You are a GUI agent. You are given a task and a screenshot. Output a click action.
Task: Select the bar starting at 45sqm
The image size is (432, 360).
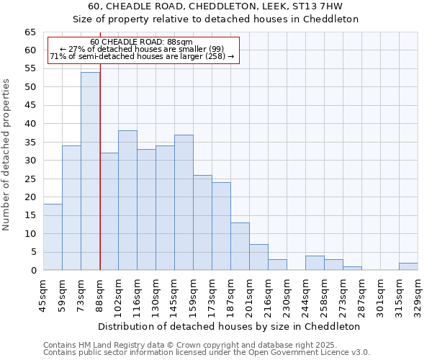[x=53, y=237]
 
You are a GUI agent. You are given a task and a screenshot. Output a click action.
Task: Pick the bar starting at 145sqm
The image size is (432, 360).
[x=184, y=202]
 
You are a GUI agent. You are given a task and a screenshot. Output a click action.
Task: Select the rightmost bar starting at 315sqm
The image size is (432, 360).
[x=408, y=266]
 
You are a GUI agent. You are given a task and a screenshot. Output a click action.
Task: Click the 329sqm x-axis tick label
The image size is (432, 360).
[x=418, y=295]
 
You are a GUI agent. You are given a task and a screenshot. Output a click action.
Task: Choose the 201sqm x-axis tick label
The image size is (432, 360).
[x=249, y=295]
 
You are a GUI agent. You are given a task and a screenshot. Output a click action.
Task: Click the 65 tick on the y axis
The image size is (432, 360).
[x=30, y=32]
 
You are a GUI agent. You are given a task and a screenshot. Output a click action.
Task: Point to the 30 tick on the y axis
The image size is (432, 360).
[x=30, y=161]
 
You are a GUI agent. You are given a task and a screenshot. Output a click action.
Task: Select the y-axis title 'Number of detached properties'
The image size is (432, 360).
[x=7, y=155]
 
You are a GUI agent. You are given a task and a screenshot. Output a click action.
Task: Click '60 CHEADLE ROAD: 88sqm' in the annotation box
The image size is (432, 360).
[x=142, y=42]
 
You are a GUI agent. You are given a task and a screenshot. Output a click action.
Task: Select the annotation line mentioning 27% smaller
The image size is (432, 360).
[x=142, y=49]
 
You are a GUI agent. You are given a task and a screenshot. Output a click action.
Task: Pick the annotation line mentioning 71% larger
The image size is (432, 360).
[x=142, y=56]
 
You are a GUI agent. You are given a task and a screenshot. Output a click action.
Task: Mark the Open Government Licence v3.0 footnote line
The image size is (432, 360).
[x=207, y=352]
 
